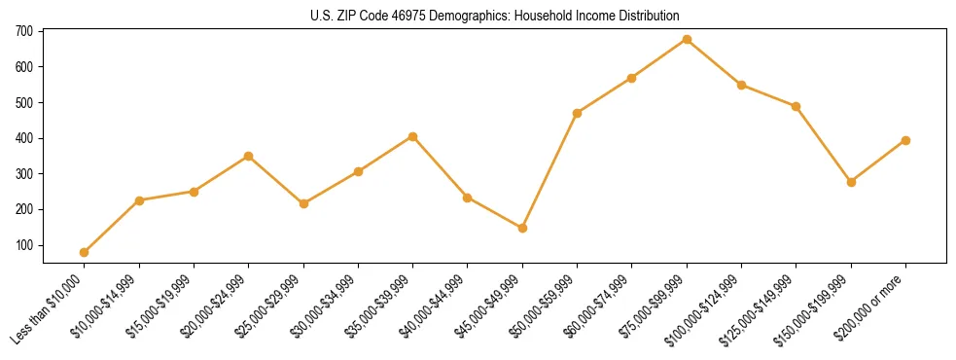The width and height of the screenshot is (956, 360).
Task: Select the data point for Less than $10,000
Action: [x=85, y=252]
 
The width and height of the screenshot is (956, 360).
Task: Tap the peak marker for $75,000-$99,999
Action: [x=687, y=40]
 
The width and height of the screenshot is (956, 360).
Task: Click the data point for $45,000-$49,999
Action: [x=522, y=228]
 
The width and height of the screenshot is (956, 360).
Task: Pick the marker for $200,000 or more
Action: [x=905, y=140]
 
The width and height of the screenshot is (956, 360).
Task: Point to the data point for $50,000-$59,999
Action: [x=577, y=113]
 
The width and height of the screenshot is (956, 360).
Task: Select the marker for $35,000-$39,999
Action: [x=412, y=136]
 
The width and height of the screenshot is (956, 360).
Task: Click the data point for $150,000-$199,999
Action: [x=851, y=182]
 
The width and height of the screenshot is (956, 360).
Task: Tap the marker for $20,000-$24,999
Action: [x=248, y=156]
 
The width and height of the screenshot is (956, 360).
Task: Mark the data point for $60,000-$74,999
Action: [x=632, y=78]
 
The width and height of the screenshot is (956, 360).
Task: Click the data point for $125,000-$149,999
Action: [x=796, y=106]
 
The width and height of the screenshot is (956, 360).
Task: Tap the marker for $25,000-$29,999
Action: [x=303, y=203]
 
